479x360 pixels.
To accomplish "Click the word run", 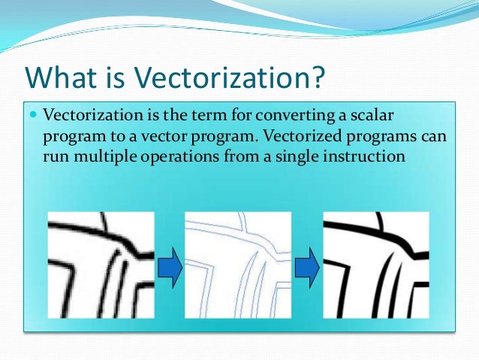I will [x=56, y=157].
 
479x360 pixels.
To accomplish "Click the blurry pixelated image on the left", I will [x=101, y=265].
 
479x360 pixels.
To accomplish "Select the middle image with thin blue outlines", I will [x=237, y=265].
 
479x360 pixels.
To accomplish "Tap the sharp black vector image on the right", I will [x=375, y=265].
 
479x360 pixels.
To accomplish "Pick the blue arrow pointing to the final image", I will [x=306, y=268].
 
